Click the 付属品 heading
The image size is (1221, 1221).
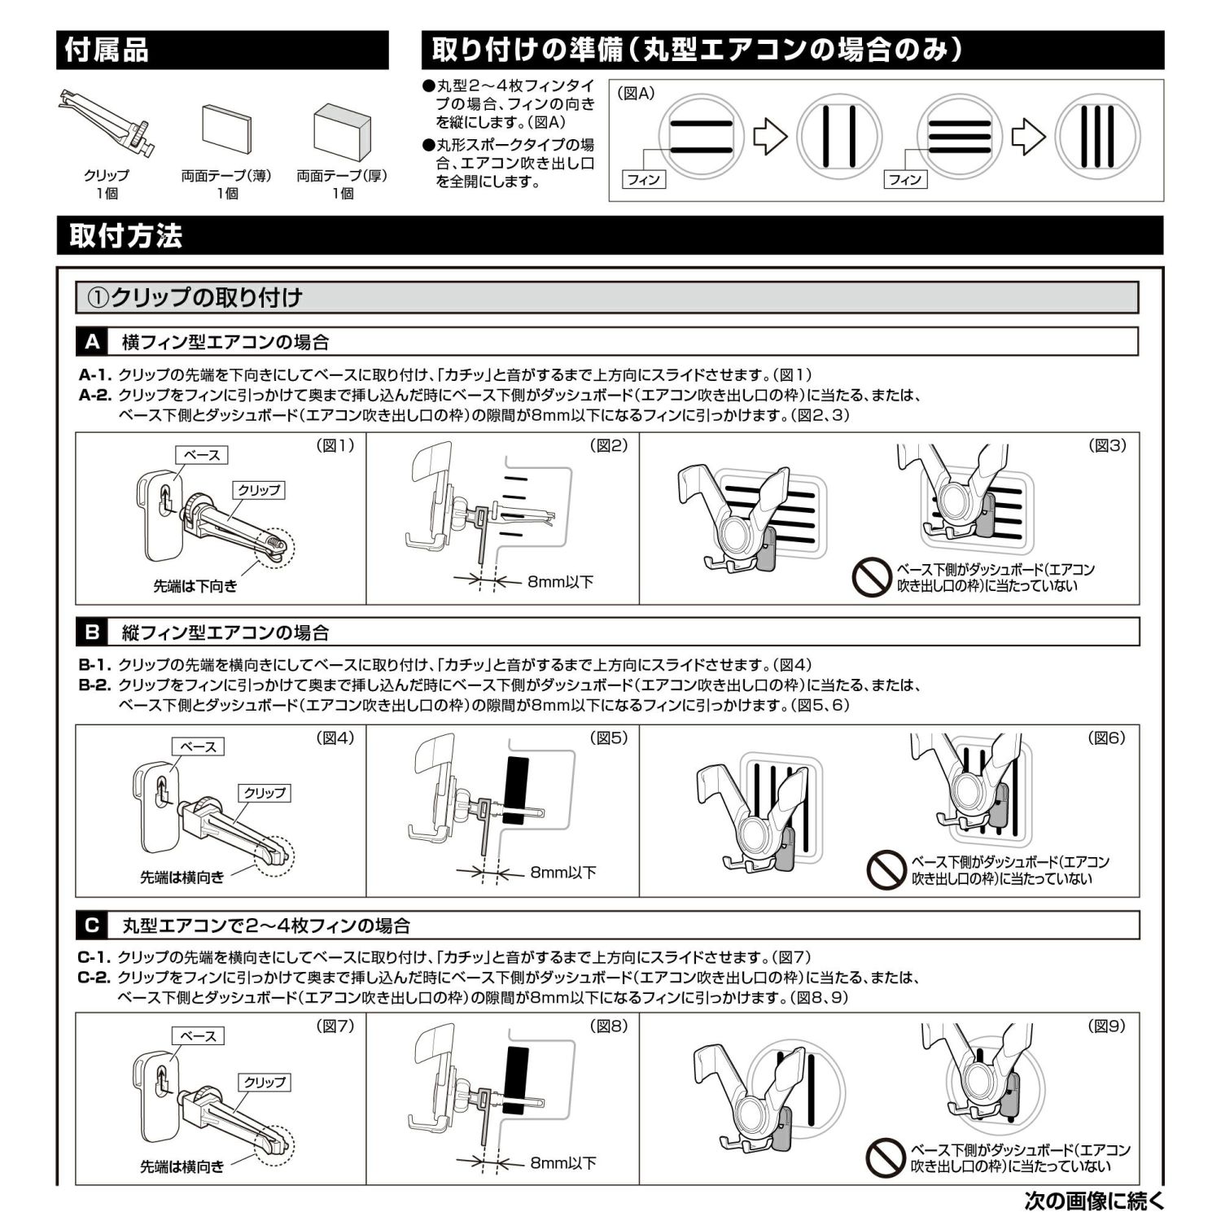click(107, 50)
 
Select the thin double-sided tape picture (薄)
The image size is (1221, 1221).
click(226, 129)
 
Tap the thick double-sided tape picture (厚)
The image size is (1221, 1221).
click(342, 130)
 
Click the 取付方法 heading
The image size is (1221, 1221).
click(125, 236)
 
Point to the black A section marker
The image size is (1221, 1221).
click(92, 342)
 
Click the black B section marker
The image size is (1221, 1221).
click(92, 632)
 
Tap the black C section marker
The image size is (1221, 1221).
click(92, 926)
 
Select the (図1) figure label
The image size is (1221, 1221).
click(335, 445)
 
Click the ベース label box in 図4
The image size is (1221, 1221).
click(198, 746)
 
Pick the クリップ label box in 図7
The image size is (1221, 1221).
click(265, 1082)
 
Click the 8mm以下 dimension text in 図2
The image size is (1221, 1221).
click(560, 581)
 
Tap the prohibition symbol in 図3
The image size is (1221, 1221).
click(873, 577)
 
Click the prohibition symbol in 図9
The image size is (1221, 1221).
click(886, 1158)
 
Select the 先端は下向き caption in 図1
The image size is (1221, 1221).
click(195, 585)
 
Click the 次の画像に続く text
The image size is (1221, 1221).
click(1095, 1201)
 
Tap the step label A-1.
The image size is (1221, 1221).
click(95, 375)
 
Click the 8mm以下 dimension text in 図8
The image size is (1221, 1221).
click(563, 1163)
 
